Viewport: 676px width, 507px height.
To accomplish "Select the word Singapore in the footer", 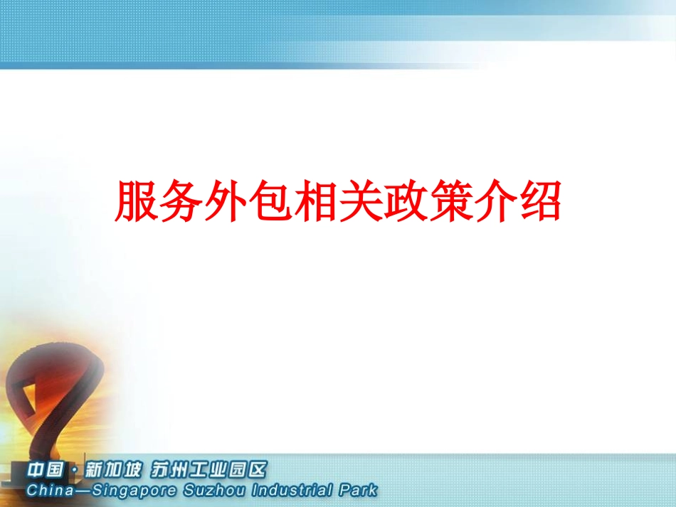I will coord(125,491).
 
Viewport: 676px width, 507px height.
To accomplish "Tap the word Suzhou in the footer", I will coord(205,491).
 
